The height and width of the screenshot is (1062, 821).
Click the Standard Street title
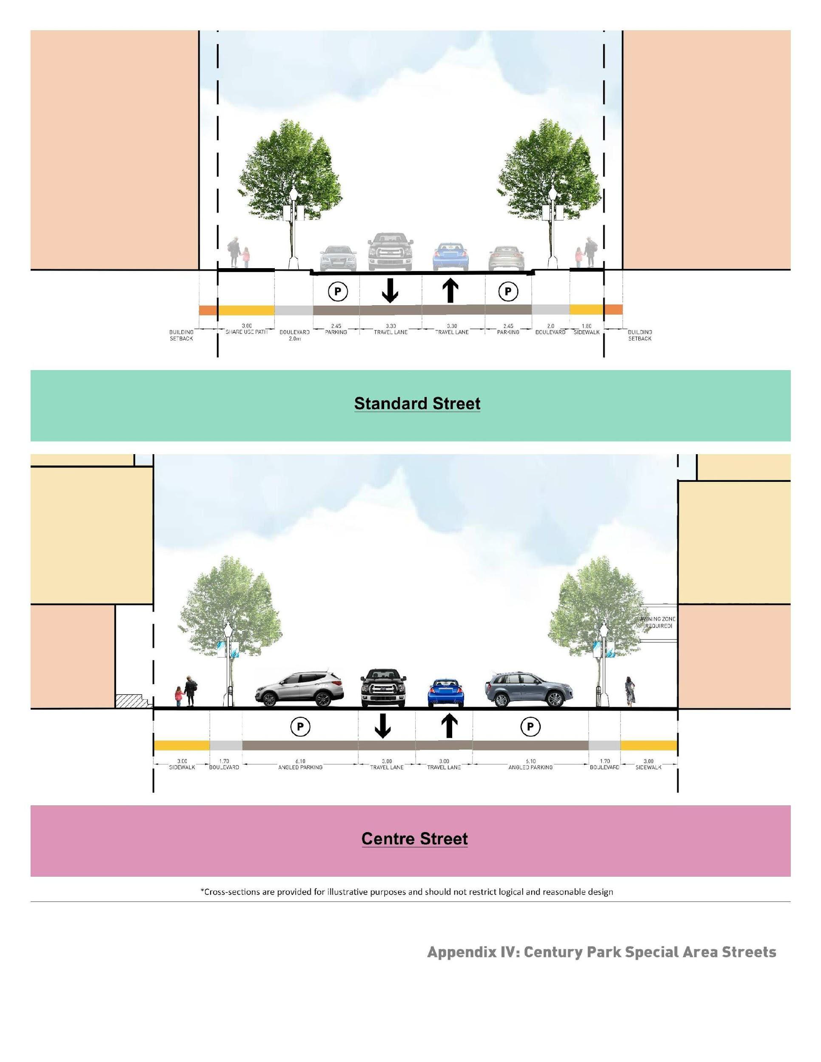pos(416,404)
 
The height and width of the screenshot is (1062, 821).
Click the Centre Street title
pos(414,838)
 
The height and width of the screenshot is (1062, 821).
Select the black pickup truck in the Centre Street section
pos(383,687)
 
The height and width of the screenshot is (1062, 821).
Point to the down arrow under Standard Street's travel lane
pos(390,291)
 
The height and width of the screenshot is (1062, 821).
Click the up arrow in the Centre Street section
pos(449,726)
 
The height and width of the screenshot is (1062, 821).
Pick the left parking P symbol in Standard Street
pos(337,292)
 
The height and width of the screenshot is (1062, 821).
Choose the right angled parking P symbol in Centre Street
pos(530,727)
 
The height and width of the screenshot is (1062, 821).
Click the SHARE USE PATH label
pos(246,329)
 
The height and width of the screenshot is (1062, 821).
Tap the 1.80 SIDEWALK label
pos(586,329)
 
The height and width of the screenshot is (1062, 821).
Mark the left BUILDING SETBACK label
pos(181,335)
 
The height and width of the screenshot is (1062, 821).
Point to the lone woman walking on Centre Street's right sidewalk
pos(630,690)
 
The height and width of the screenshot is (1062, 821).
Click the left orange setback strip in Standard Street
pos(208,310)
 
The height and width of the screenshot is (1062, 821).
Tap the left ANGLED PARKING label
pos(300,764)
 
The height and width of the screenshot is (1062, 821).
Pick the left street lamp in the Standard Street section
pos(293,229)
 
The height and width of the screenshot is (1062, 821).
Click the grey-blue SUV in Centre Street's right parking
pos(529,690)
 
